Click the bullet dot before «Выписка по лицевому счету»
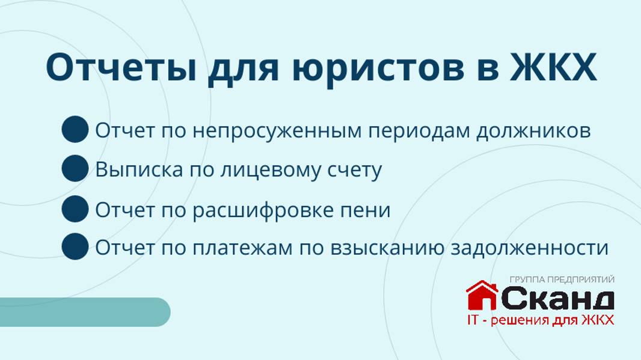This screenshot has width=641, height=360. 75,168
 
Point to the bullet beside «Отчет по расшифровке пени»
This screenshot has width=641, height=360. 75,209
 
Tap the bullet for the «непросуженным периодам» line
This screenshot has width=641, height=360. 75,130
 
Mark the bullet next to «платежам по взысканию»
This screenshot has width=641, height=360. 75,246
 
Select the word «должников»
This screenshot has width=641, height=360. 533,130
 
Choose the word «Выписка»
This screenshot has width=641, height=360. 139,169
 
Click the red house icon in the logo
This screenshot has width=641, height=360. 482,295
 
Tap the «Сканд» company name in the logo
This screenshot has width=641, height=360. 557,298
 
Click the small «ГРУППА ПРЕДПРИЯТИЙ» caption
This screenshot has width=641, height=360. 562,279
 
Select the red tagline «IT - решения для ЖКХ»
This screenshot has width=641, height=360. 540,320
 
